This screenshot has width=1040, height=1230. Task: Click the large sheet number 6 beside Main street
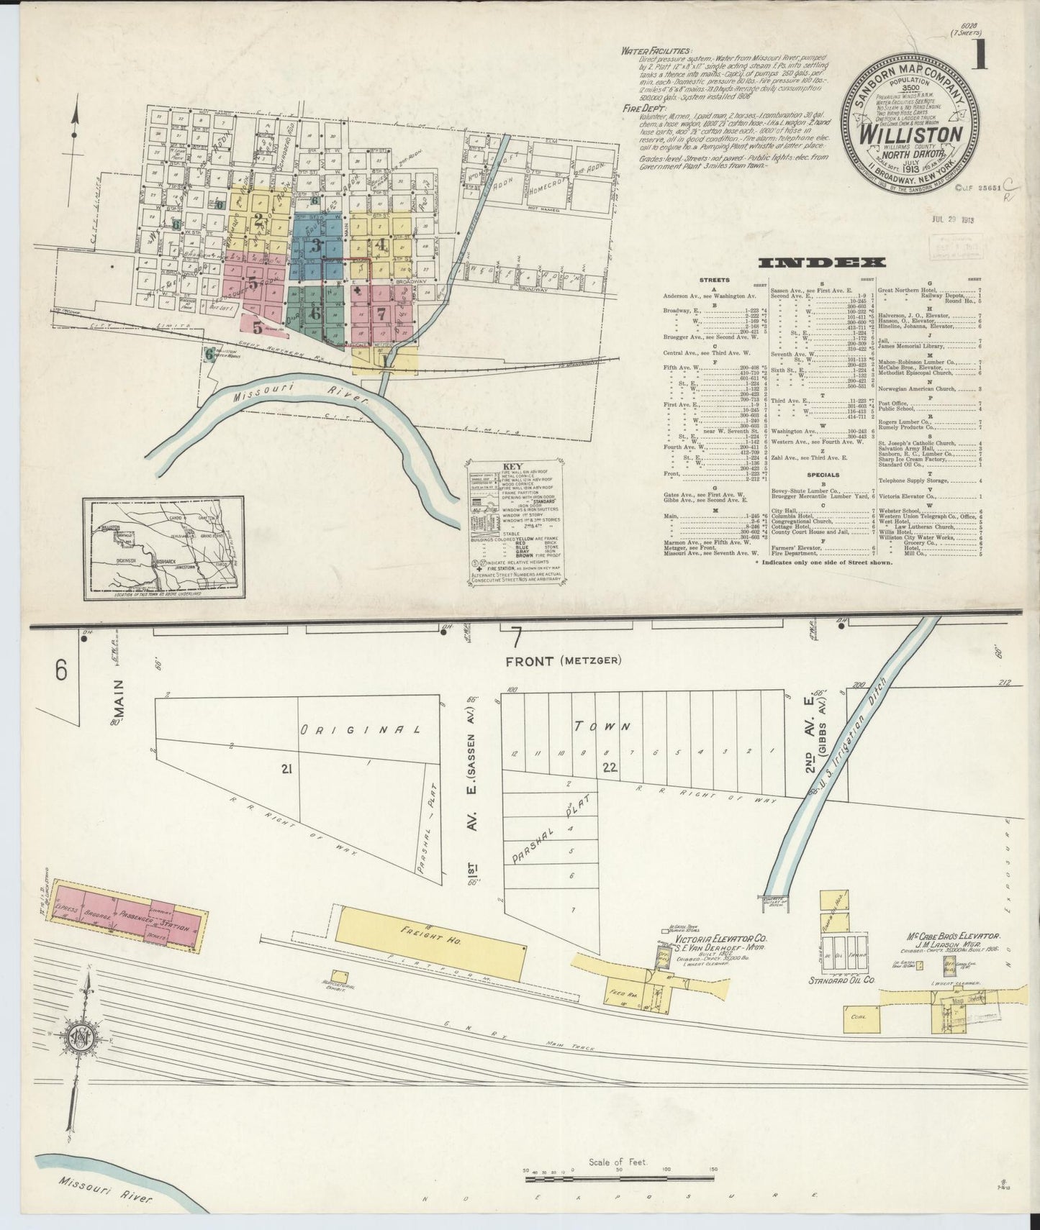[x=60, y=670]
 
